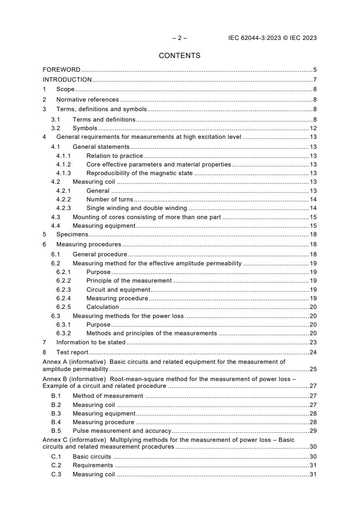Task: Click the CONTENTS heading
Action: (180, 56)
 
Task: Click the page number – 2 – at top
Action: (180, 38)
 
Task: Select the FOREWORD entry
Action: (61, 70)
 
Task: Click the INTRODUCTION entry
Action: (67, 80)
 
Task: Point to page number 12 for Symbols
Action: (313, 128)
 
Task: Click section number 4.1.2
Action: (64, 164)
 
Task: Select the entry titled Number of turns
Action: (110, 200)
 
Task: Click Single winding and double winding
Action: (137, 208)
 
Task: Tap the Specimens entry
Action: (72, 235)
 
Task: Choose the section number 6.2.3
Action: (64, 289)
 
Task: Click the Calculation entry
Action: (103, 307)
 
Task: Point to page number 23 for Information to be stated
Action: (313, 343)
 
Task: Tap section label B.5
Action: (56, 431)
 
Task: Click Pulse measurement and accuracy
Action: (122, 431)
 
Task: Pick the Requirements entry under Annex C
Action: (93, 465)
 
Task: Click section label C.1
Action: (56, 456)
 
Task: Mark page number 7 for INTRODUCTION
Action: (315, 80)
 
